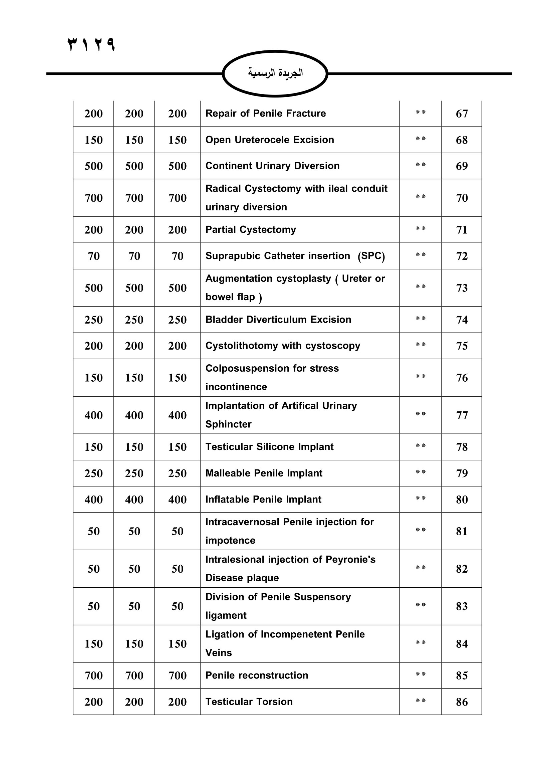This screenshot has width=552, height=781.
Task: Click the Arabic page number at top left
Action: (91, 44)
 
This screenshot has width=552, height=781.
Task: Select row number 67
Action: (462, 114)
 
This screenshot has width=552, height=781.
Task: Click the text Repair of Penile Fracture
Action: (265, 113)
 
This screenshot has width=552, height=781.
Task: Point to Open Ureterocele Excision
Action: (270, 140)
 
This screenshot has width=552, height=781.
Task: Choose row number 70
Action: (462, 198)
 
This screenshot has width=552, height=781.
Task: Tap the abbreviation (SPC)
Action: (371, 256)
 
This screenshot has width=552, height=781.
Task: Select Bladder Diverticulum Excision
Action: (278, 320)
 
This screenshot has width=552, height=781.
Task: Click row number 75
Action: (462, 346)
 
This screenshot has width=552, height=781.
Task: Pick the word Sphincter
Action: (228, 424)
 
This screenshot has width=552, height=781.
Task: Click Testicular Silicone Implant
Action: (269, 447)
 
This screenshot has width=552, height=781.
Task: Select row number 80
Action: (462, 500)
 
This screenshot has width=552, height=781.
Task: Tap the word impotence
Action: (230, 541)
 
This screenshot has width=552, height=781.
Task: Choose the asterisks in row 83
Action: (421, 605)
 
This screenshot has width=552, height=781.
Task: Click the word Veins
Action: (219, 653)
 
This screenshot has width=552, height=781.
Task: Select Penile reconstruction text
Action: (257, 675)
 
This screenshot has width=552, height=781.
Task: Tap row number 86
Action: (462, 702)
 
